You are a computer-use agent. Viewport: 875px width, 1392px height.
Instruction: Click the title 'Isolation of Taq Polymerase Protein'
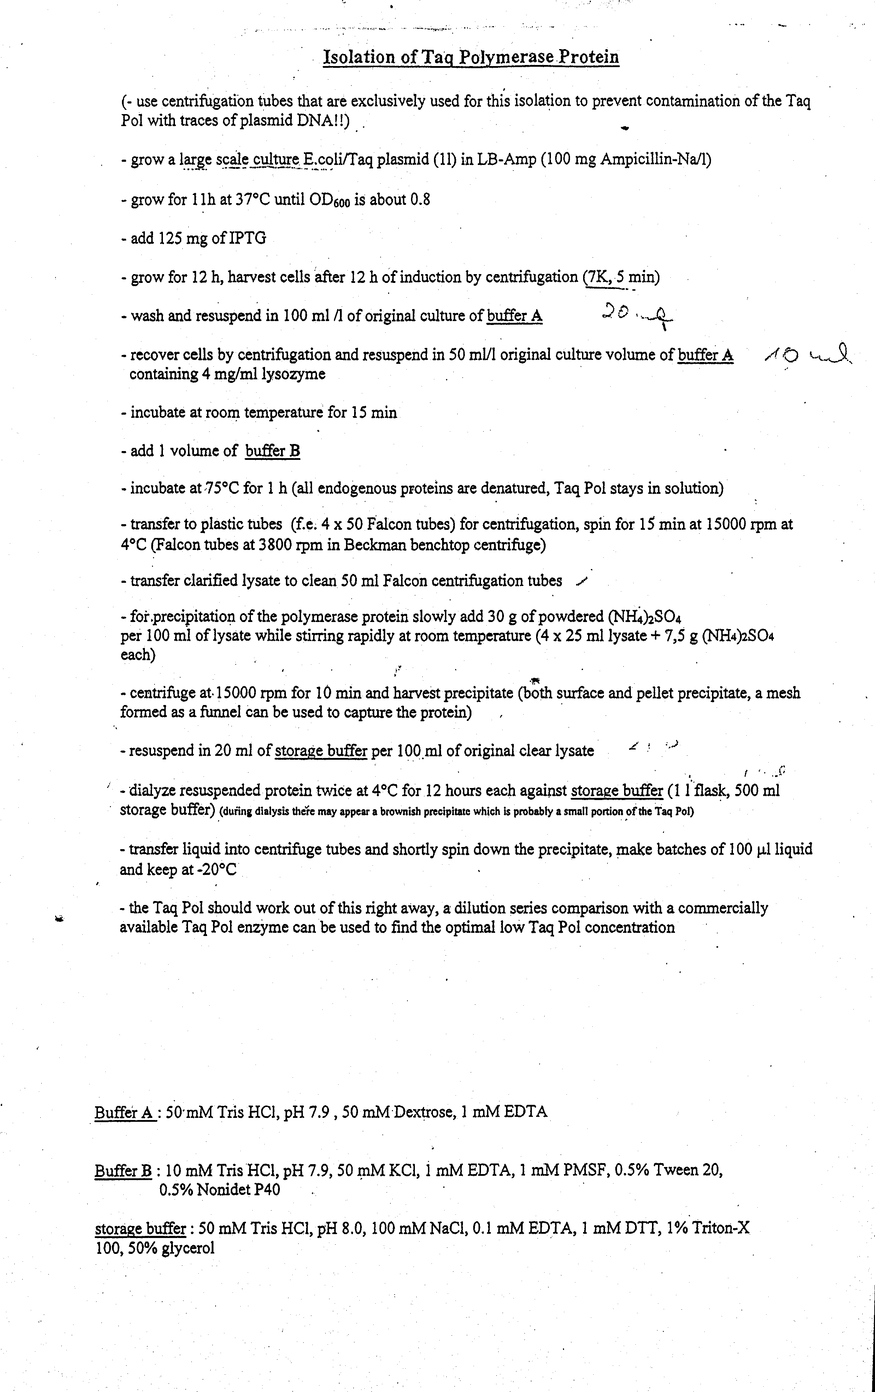(x=471, y=57)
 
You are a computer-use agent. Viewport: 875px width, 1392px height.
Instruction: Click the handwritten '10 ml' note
(x=809, y=355)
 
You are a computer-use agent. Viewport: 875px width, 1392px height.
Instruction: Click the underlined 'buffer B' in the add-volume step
(x=272, y=451)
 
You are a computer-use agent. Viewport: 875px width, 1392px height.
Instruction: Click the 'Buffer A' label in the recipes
(x=124, y=1112)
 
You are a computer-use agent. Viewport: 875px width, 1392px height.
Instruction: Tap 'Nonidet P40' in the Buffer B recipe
(x=220, y=1190)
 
